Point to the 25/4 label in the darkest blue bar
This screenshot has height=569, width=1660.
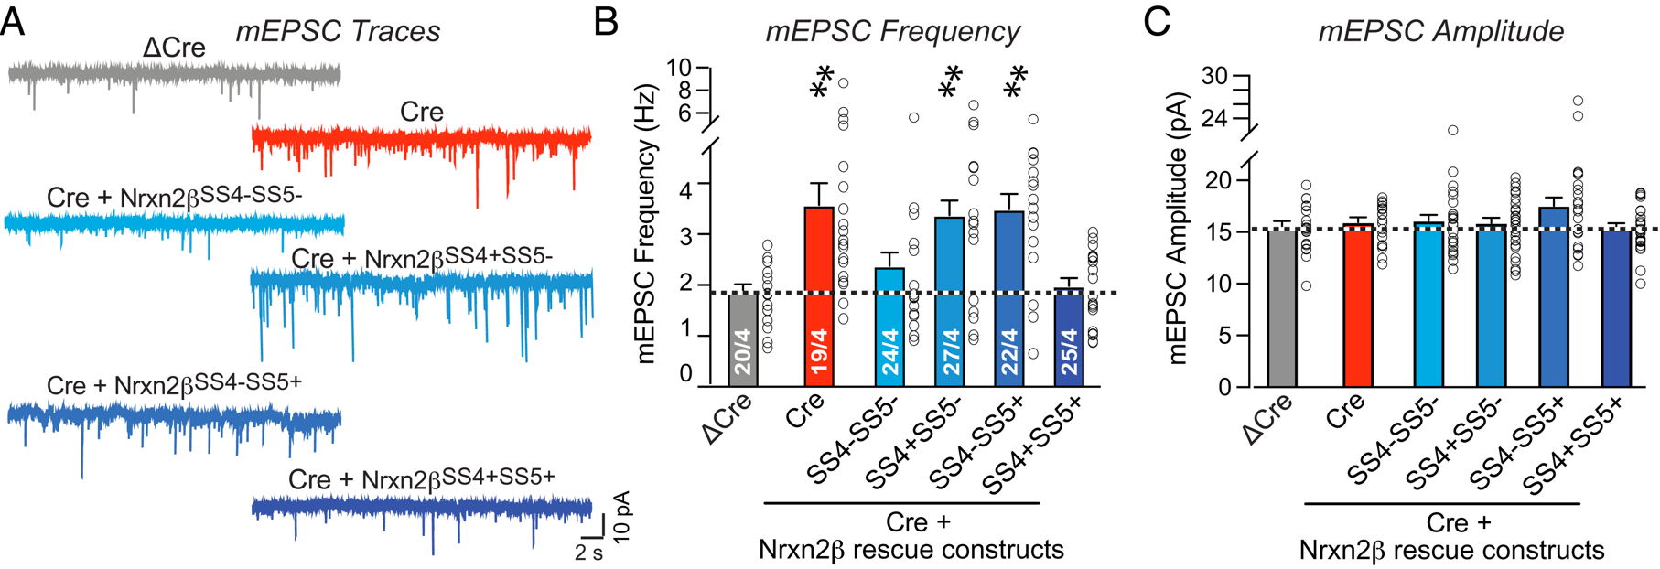(x=1069, y=352)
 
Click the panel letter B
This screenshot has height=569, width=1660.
(x=606, y=20)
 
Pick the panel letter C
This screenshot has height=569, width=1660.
(x=1157, y=20)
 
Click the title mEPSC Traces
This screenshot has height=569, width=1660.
(x=338, y=31)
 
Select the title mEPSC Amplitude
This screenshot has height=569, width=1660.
(x=1440, y=31)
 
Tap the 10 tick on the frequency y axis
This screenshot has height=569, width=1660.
(x=678, y=68)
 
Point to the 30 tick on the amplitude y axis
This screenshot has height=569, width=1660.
(x=1214, y=77)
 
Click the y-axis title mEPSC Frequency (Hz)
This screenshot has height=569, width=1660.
(x=648, y=224)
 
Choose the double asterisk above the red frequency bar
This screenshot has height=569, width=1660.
(x=822, y=82)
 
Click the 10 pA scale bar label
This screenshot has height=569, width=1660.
(x=622, y=516)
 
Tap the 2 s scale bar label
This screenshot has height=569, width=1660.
(x=588, y=553)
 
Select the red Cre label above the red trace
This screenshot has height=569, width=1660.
(x=422, y=113)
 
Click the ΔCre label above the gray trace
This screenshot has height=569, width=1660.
(x=174, y=48)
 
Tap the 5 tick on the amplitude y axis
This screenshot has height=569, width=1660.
(x=1224, y=336)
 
